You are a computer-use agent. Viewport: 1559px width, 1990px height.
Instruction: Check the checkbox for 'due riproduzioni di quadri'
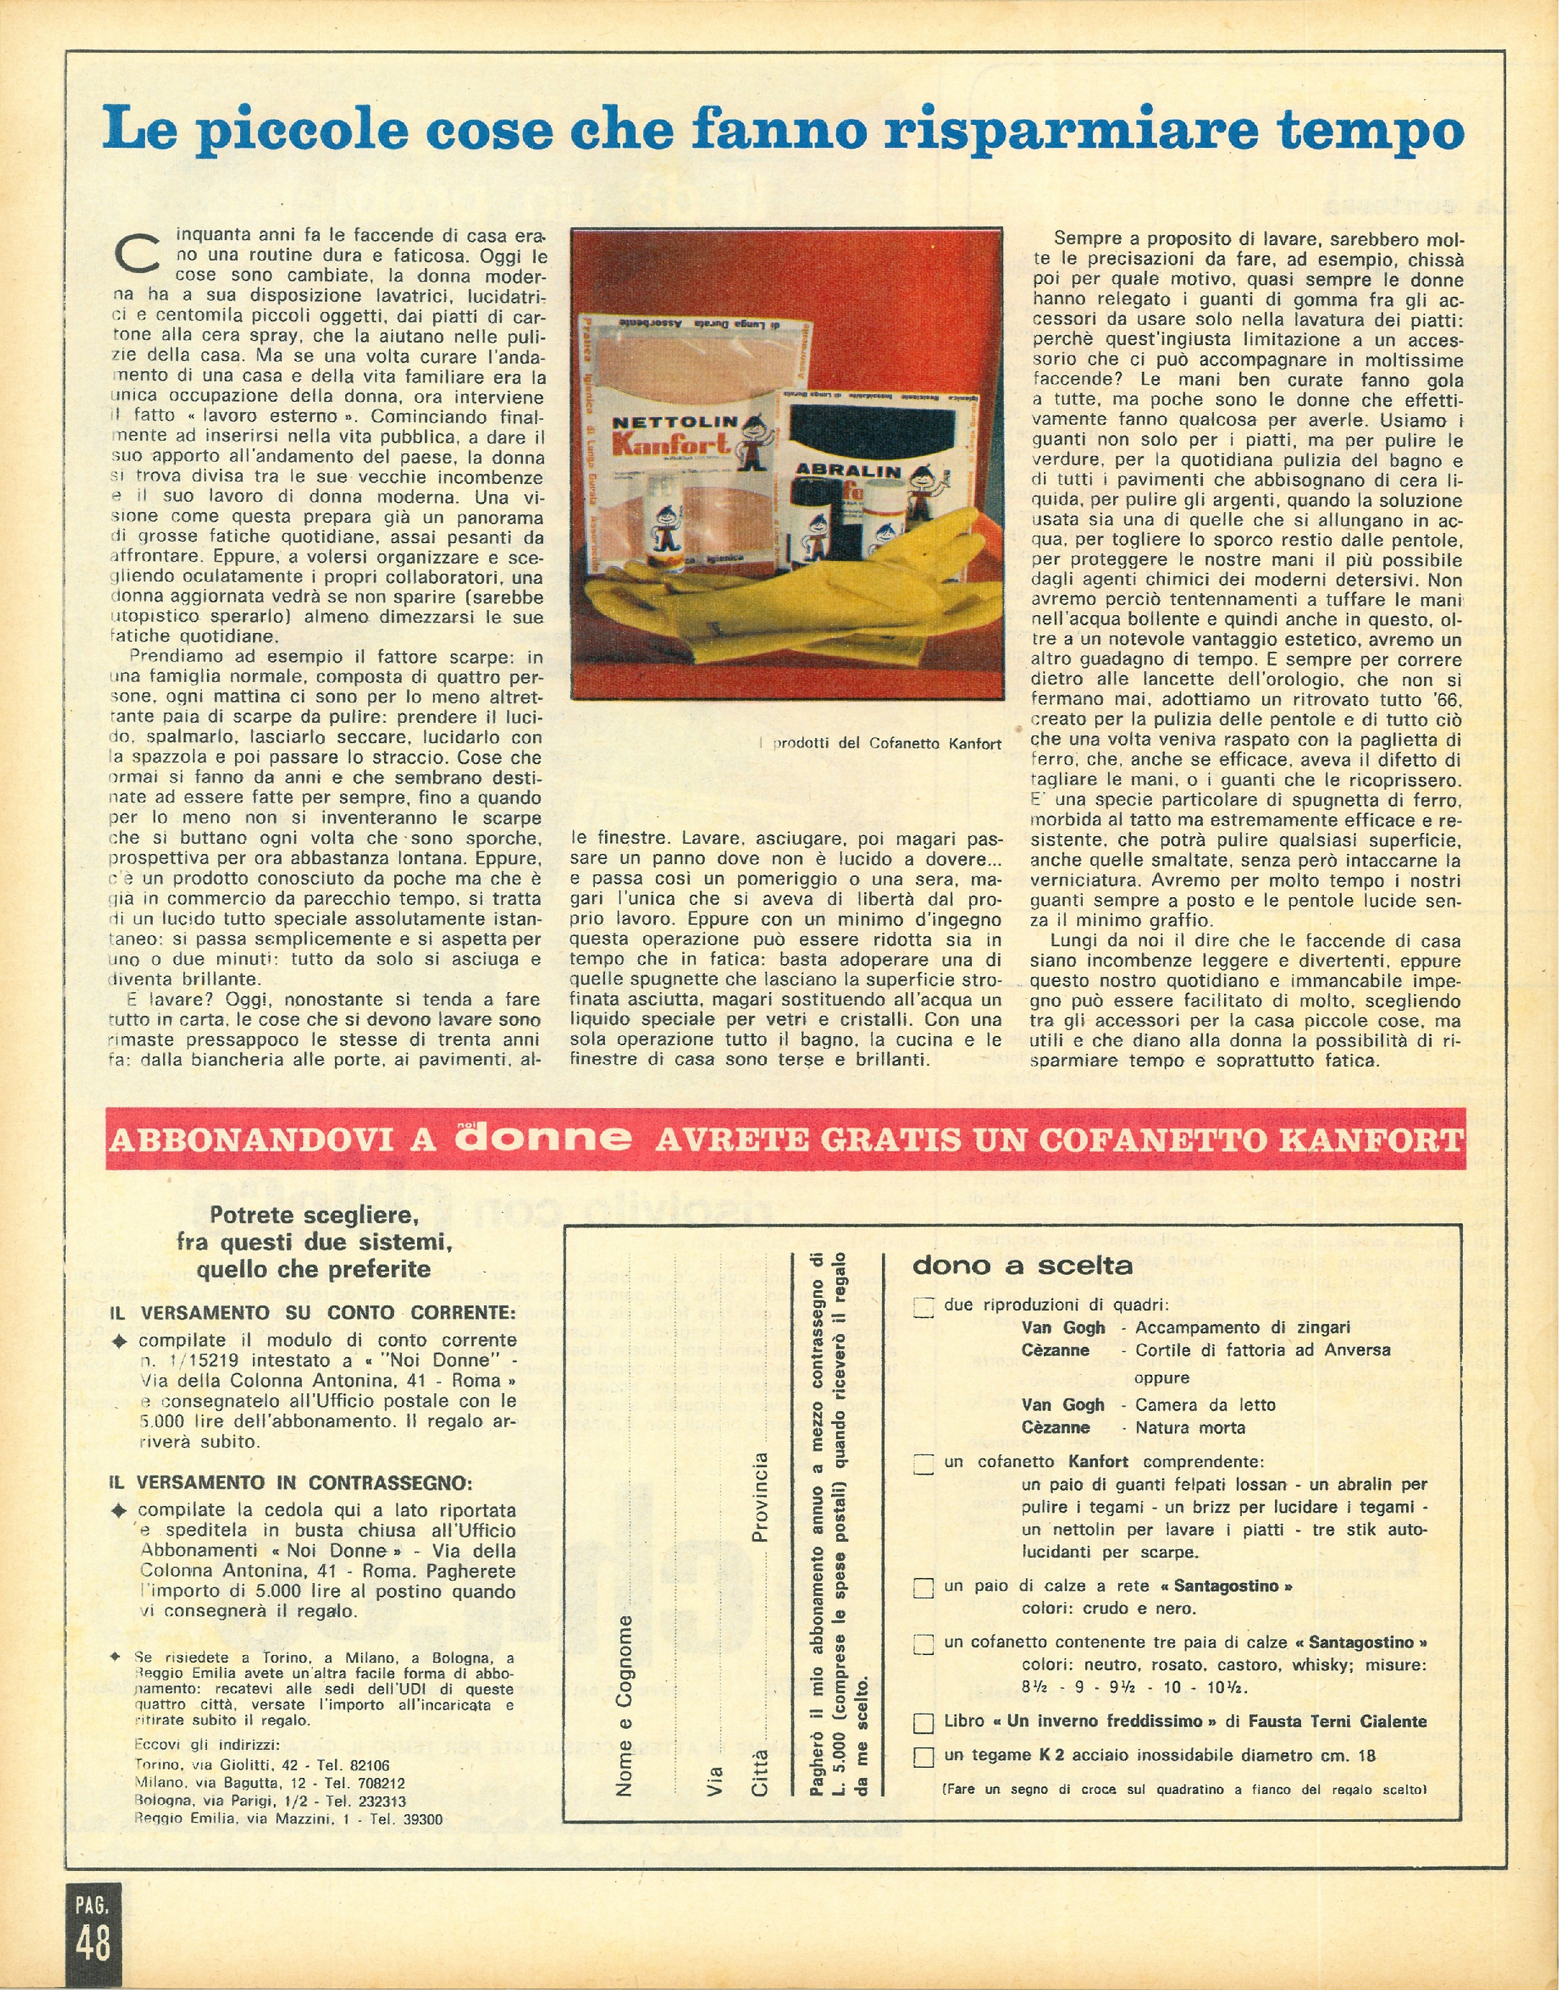point(923,1308)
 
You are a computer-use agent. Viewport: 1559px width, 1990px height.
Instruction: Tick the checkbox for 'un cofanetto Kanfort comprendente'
point(923,1464)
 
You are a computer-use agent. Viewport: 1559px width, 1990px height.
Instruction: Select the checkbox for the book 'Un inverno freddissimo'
point(923,1723)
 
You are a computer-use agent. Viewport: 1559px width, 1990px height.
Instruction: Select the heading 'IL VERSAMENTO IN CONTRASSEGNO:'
point(291,1482)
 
